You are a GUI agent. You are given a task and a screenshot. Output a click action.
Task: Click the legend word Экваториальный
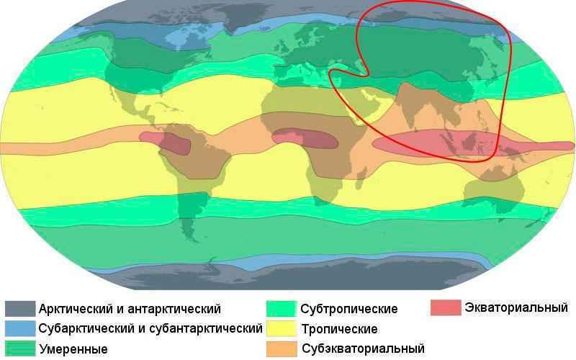516,308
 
